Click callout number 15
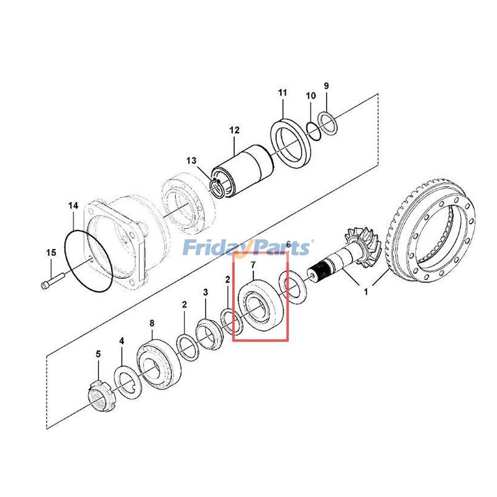click(50, 252)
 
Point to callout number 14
click(73, 205)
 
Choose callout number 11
click(283, 93)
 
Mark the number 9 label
click(326, 86)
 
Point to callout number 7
click(252, 266)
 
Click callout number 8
click(152, 322)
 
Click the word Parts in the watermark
click(280, 248)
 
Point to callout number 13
click(191, 161)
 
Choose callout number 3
click(206, 292)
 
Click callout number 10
click(311, 96)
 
